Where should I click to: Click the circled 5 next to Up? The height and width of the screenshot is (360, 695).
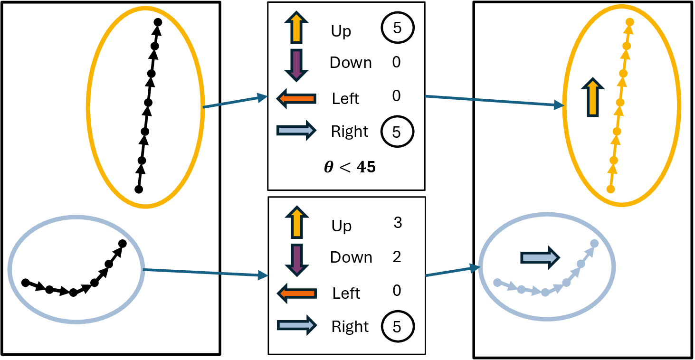pos(397,28)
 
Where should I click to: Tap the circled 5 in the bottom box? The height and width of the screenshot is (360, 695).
pos(397,327)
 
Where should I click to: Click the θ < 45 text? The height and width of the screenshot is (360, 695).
pos(350,168)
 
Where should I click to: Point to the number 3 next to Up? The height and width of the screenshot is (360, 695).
pos(398,223)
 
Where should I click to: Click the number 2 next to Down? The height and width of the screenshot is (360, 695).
pos(397,257)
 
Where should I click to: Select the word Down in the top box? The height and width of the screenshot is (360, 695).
pos(351,63)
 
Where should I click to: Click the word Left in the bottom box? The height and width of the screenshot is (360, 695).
pos(346,294)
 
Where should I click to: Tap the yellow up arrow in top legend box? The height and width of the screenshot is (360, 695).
pos(296,28)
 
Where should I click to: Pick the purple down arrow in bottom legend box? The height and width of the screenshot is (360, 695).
pos(297,259)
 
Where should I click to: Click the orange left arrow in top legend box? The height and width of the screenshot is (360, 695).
pos(297,98)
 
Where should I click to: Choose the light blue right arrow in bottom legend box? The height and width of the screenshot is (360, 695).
pos(297,325)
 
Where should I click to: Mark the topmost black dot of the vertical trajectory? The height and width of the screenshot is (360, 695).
pos(158,22)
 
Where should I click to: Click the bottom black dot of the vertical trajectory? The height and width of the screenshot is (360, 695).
pos(139,189)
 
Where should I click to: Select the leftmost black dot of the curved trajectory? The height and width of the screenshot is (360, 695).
pos(26,283)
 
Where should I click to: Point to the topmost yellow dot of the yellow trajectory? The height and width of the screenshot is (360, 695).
pos(630,22)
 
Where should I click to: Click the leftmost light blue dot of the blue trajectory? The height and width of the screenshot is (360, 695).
pos(497,283)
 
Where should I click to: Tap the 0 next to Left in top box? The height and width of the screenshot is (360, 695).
pos(397,96)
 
